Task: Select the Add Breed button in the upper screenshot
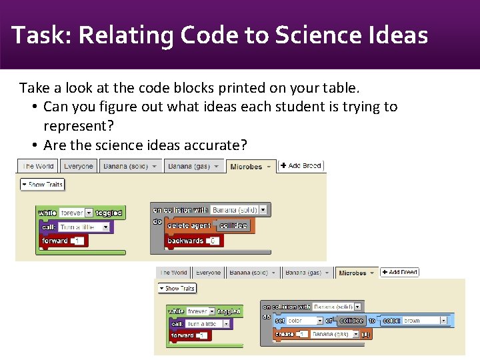pos(301,165)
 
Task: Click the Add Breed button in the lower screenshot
pos(399,272)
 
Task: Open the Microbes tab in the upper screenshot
pos(250,166)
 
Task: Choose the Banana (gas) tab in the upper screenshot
pos(189,166)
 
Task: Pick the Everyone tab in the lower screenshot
pos(208,273)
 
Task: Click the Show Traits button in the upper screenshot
pos(42,185)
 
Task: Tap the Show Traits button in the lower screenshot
pos(177,289)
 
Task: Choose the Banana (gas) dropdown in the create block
pos(335,334)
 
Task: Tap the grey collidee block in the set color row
pos(351,321)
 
